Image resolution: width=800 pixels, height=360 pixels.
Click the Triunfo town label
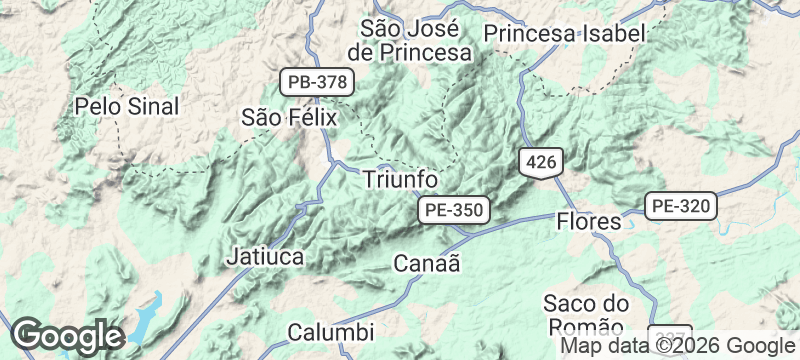pyautogui.click(x=399, y=179)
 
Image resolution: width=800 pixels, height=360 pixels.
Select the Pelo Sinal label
pyautogui.click(x=127, y=106)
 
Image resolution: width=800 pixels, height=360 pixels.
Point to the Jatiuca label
pyautogui.click(x=266, y=256)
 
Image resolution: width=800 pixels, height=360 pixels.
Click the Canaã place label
pyautogui.click(x=427, y=264)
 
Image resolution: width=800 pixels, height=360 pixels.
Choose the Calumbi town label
pyautogui.click(x=330, y=331)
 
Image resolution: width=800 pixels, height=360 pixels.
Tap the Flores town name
pyautogui.click(x=588, y=221)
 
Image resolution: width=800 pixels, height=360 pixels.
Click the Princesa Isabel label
pyautogui.click(x=563, y=33)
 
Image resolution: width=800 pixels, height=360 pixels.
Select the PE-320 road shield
pyautogui.click(x=681, y=207)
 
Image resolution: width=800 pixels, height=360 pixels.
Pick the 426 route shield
pyautogui.click(x=541, y=162)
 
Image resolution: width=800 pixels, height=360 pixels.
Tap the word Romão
pyautogui.click(x=588, y=327)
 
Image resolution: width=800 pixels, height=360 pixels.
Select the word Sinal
pyautogui.click(x=152, y=106)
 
